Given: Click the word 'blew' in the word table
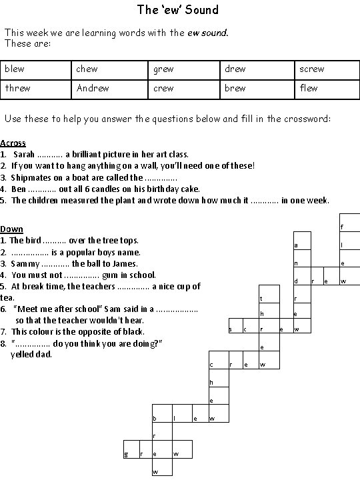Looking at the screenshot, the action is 14,69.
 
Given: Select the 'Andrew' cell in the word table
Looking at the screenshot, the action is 93,88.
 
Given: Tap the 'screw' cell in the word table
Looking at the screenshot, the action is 312,69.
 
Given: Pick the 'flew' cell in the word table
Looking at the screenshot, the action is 309,88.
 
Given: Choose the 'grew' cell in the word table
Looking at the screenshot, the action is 163,69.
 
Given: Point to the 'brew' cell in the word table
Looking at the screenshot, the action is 235,88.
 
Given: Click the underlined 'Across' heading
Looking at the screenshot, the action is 13,143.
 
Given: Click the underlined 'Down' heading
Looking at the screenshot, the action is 11,229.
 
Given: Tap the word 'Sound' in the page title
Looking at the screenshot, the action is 203,10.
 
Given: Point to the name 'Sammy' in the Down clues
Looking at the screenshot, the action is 24,263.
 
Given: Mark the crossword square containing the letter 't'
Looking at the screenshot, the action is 262,297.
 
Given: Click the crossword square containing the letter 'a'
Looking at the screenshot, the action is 296,245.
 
